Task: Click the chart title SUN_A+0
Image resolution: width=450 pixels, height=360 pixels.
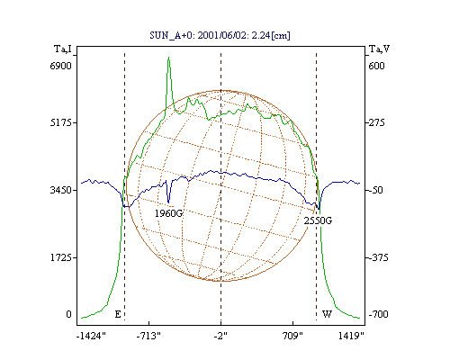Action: (166, 35)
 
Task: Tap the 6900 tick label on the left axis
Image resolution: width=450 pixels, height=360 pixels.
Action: (61, 66)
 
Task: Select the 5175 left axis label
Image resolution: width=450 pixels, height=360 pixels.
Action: (61, 122)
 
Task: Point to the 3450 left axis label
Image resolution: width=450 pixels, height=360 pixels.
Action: (61, 190)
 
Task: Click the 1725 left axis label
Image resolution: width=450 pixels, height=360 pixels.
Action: (61, 257)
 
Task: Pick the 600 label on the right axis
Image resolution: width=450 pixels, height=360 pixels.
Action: (376, 66)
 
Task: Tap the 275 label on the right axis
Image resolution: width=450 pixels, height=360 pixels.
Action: (376, 122)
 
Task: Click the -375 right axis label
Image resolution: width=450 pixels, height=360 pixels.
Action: (378, 257)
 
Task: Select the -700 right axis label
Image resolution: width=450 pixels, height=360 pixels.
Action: (378, 314)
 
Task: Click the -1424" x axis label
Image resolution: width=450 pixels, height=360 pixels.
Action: (92, 336)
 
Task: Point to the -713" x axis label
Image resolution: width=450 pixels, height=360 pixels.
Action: (148, 336)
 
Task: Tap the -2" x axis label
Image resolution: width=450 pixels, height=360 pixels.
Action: (220, 336)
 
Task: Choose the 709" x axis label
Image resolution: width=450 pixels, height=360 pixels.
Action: (292, 336)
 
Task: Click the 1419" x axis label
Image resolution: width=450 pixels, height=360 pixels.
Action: (351, 336)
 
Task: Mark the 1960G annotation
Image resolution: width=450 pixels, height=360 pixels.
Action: (168, 213)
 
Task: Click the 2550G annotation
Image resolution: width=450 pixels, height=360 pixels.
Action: (318, 220)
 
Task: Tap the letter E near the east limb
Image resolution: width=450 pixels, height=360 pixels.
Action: (118, 314)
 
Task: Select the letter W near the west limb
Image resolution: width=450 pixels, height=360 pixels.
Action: (327, 314)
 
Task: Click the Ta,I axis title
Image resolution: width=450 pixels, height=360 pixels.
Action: (63, 49)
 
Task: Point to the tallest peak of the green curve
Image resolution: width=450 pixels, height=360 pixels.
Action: (169, 57)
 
